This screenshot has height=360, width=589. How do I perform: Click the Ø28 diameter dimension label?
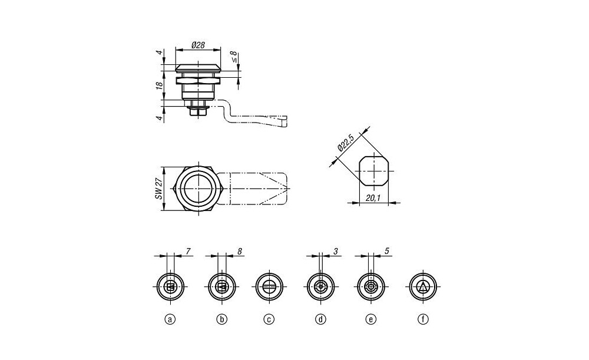point(198,45)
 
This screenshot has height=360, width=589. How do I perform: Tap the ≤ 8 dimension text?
point(234,57)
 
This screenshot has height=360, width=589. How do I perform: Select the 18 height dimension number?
point(160,85)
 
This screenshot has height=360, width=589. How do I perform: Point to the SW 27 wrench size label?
point(159,189)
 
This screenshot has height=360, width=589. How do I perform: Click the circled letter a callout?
point(170,319)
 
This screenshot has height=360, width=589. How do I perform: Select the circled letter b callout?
point(222,319)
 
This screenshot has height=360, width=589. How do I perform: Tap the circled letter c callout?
point(269,319)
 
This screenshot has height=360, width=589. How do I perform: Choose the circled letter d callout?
point(320,319)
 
